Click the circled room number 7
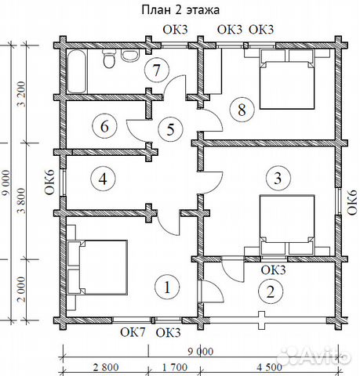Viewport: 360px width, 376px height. click(x=157, y=70)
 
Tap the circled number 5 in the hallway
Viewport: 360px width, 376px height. click(x=170, y=129)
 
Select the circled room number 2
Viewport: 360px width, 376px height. click(x=271, y=291)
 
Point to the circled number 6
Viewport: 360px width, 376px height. click(x=104, y=127)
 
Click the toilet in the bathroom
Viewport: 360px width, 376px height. click(x=109, y=59)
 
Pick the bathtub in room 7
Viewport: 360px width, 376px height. click(x=77, y=71)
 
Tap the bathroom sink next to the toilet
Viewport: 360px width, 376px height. click(x=130, y=55)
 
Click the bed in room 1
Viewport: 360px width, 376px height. click(x=98, y=268)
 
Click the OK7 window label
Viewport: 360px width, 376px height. click(x=133, y=332)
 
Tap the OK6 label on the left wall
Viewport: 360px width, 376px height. click(x=50, y=183)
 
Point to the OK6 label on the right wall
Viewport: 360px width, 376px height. click(x=352, y=203)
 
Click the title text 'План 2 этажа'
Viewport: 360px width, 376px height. click(x=180, y=10)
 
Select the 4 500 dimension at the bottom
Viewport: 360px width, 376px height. click(x=270, y=367)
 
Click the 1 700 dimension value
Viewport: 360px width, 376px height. click(x=175, y=367)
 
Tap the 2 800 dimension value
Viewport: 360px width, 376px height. click(x=106, y=367)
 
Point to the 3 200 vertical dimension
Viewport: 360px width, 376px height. click(x=23, y=94)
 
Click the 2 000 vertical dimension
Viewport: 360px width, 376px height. click(x=23, y=290)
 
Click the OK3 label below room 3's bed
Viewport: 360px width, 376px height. click(x=274, y=270)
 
